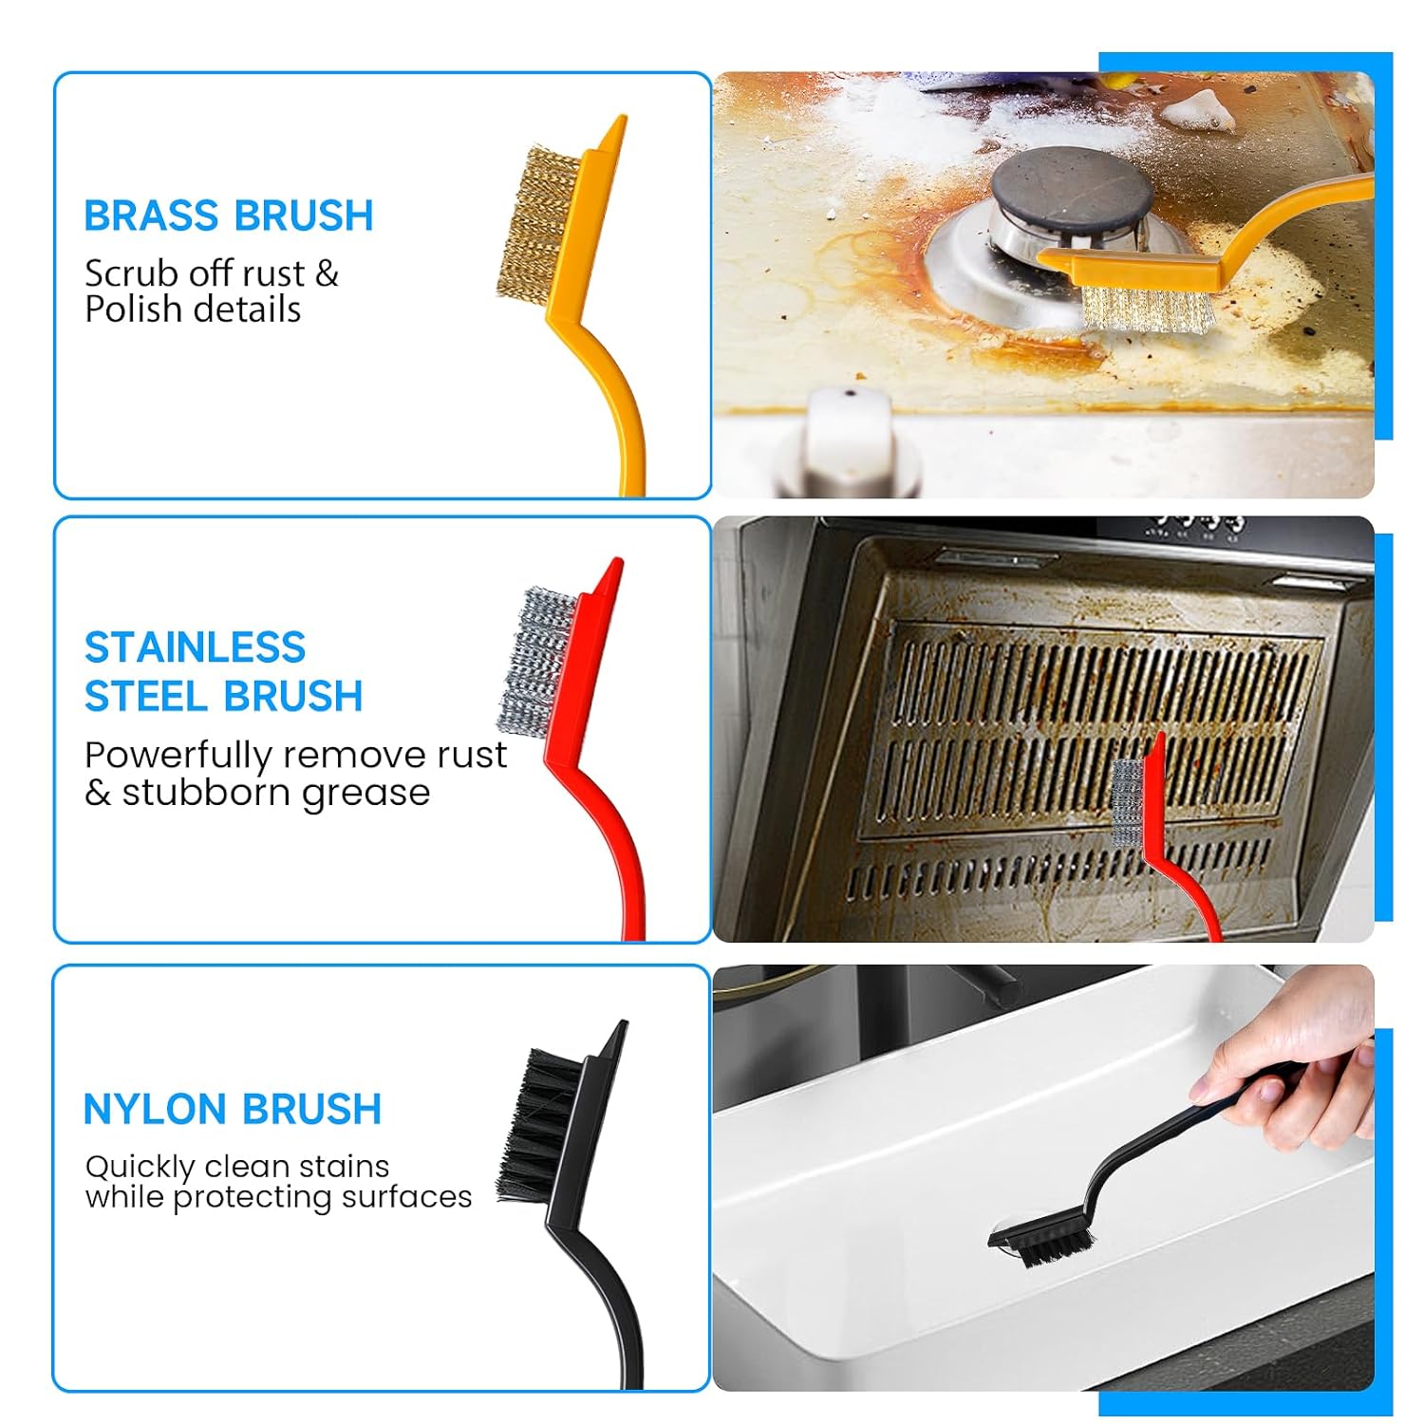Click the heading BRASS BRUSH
click(229, 215)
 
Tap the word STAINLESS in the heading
click(195, 647)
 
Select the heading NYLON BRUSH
click(233, 1109)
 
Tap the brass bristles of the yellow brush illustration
click(534, 225)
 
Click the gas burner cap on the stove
click(1072, 185)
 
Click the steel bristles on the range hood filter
click(1128, 803)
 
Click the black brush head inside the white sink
click(1041, 1238)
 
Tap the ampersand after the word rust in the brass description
click(327, 274)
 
